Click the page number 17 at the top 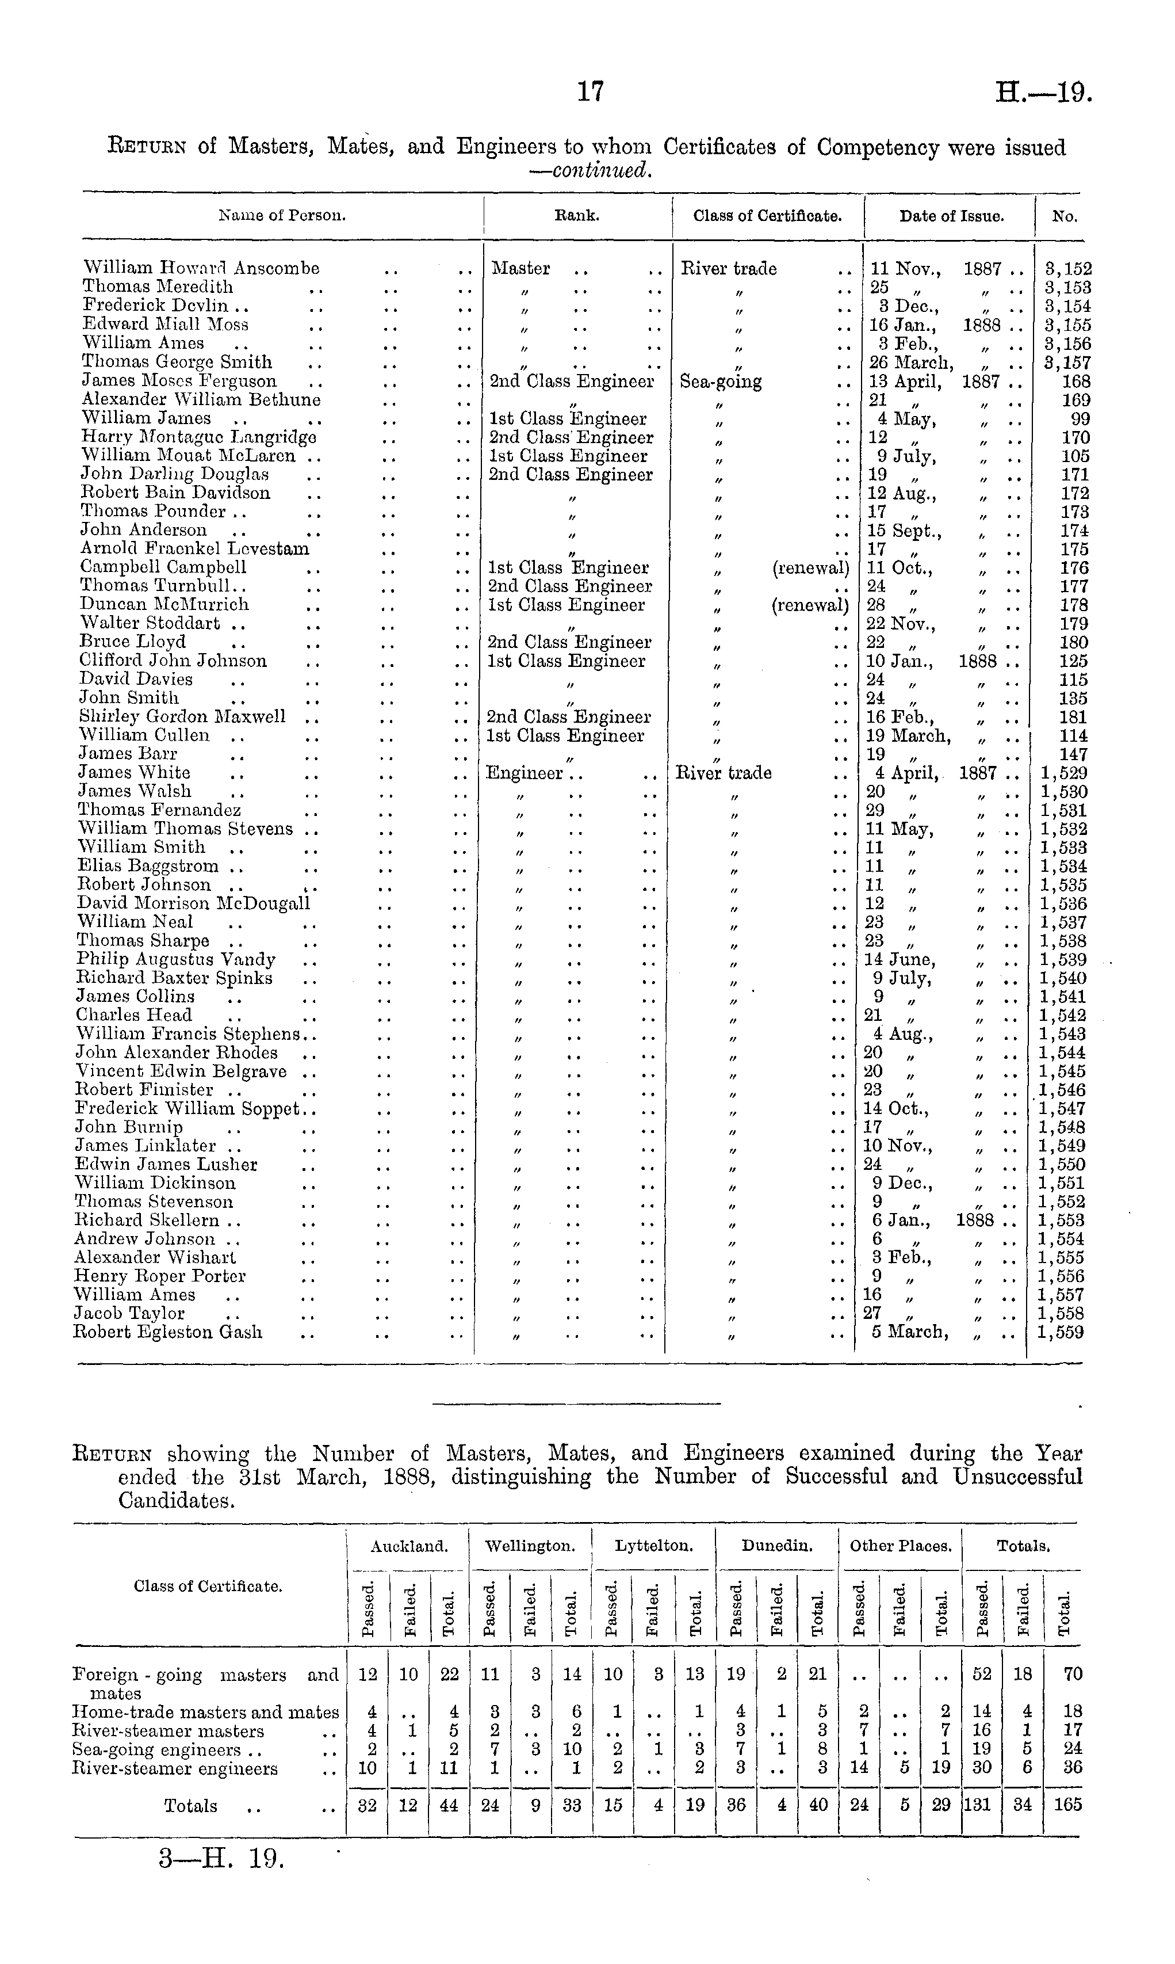coord(591,93)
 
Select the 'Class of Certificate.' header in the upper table coord(767,215)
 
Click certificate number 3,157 coord(1067,362)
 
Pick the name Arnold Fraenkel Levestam coord(195,548)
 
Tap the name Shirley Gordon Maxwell coord(182,716)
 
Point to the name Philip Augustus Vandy coord(176,959)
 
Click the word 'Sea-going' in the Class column coord(721,381)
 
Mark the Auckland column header coord(408,1546)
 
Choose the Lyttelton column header coord(654,1546)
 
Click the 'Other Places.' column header coord(900,1546)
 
